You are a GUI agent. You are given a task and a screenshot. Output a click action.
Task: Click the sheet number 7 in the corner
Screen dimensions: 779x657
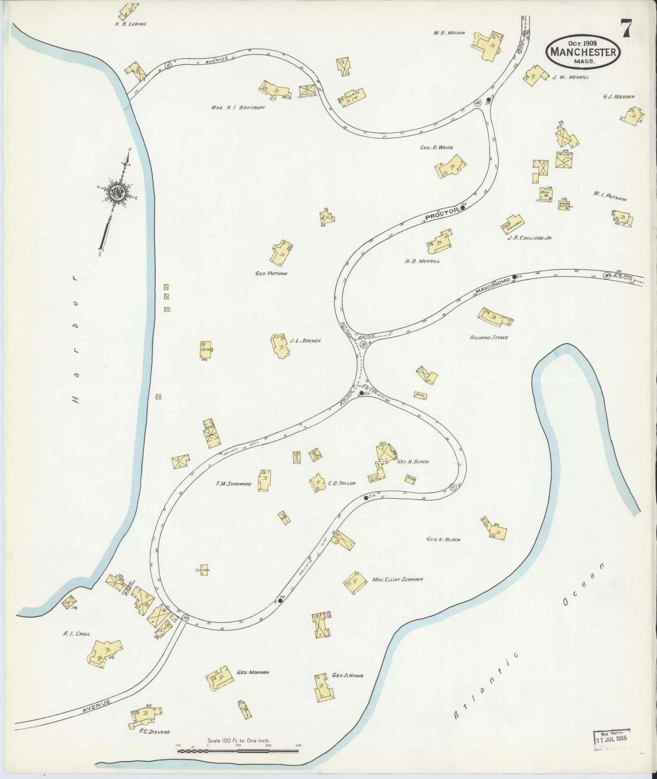click(x=626, y=29)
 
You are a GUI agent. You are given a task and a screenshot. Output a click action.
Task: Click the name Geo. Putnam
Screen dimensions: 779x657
click(x=271, y=274)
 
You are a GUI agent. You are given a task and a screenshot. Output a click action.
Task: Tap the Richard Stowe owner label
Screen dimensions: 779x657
click(x=489, y=338)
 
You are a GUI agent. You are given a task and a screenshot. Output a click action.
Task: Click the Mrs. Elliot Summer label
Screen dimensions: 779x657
click(x=397, y=579)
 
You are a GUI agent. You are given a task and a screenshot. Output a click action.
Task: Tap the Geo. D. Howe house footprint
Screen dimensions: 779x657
click(x=323, y=688)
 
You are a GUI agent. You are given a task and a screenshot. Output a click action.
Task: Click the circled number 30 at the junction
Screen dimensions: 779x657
click(x=363, y=345)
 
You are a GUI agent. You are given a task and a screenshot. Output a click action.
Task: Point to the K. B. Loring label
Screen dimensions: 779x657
click(x=130, y=24)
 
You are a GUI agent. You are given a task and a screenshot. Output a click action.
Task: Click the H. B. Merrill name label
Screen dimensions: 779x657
click(x=422, y=261)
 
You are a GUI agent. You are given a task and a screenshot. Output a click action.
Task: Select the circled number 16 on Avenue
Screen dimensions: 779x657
click(x=168, y=65)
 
